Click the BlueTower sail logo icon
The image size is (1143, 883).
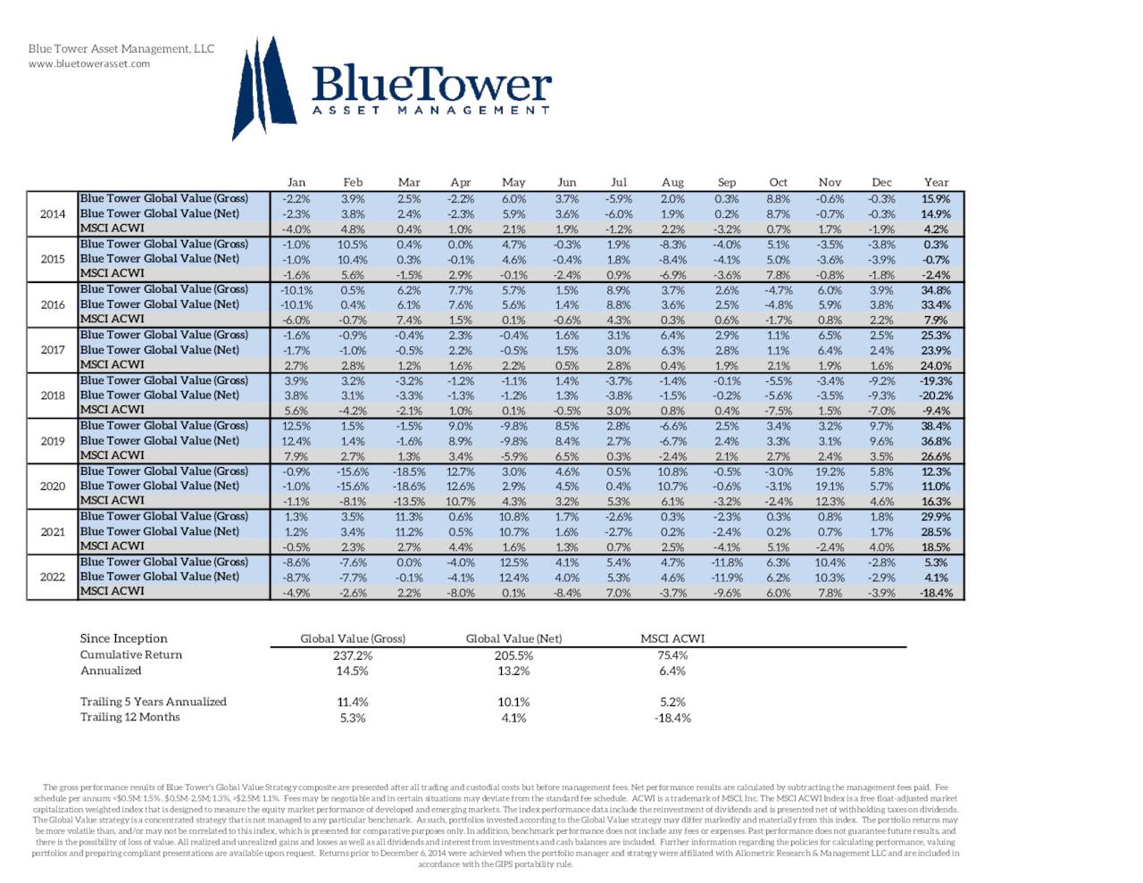(264, 87)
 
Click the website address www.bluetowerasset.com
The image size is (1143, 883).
(89, 63)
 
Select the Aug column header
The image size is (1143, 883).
(672, 182)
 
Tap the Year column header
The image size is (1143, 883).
(936, 182)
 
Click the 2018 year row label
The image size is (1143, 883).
(53, 396)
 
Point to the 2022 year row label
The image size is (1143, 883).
(53, 577)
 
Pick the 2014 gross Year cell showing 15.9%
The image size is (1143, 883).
(936, 199)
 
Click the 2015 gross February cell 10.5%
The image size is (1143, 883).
(353, 245)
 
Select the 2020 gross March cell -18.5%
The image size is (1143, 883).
(408, 471)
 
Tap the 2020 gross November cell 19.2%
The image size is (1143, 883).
(830, 471)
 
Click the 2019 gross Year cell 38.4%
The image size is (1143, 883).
(936, 426)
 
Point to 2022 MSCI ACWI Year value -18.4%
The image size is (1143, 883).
(936, 592)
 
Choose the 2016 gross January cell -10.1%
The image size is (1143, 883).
(296, 290)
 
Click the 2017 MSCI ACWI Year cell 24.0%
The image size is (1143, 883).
(936, 365)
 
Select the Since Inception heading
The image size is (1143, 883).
(123, 638)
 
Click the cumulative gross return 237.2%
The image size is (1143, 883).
(353, 655)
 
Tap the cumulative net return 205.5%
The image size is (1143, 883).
(513, 655)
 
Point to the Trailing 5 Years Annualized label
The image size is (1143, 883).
(154, 702)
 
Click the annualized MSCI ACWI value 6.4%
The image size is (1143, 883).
(672, 671)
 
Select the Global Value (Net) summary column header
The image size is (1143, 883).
(513, 638)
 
